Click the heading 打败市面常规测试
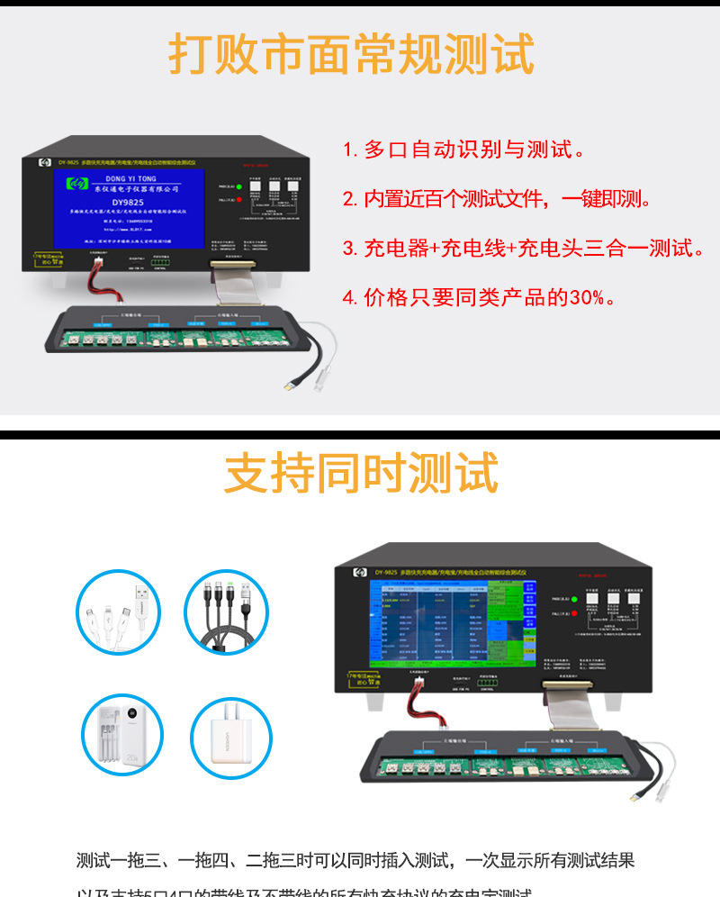point(351,55)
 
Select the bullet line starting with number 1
point(464,149)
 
